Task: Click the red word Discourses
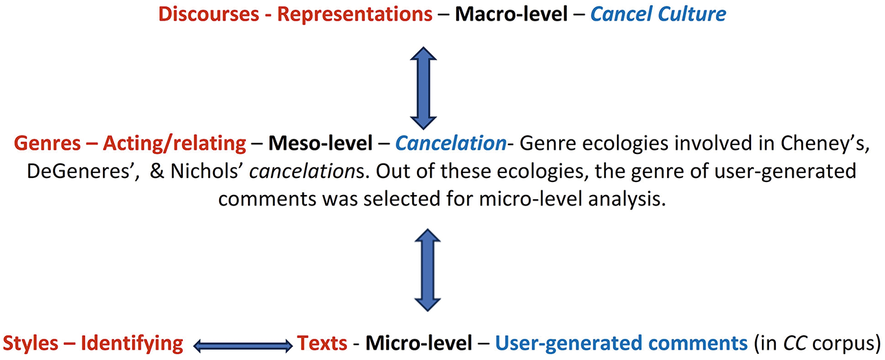pyautogui.click(x=209, y=14)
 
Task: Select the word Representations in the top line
pyautogui.click(x=355, y=15)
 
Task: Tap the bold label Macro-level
pyautogui.click(x=511, y=14)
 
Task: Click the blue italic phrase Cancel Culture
pyautogui.click(x=658, y=14)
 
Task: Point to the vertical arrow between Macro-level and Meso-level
pyautogui.click(x=423, y=88)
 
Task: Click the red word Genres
pyautogui.click(x=47, y=143)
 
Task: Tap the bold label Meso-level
pyautogui.click(x=320, y=143)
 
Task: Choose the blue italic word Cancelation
pyautogui.click(x=451, y=143)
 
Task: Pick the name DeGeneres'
pyautogui.click(x=83, y=172)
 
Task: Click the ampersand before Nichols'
pyautogui.click(x=157, y=172)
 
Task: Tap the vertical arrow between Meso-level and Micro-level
pyautogui.click(x=427, y=270)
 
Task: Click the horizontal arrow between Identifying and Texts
pyautogui.click(x=243, y=346)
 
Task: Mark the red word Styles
pyautogui.click(x=30, y=343)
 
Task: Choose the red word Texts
pyautogui.click(x=322, y=343)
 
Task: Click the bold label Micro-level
pyautogui.click(x=418, y=343)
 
